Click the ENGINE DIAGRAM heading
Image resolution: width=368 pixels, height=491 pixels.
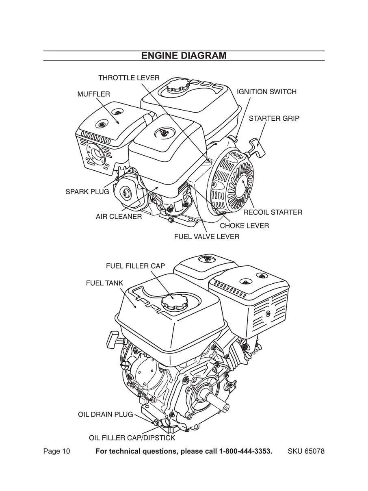tap(184, 56)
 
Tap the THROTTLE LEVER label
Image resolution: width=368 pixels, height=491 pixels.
tap(129, 78)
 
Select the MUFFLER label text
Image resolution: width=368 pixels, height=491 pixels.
tap(93, 94)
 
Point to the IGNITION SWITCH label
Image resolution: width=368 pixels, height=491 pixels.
tap(266, 92)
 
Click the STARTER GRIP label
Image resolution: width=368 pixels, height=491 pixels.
tap(274, 119)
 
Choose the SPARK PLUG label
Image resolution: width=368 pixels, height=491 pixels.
tap(87, 192)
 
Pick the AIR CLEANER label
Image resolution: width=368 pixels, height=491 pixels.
tap(119, 217)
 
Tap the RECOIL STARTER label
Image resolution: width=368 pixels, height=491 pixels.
tap(273, 212)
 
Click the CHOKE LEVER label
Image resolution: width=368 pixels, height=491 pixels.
tap(244, 226)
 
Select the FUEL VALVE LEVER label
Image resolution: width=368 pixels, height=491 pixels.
tap(207, 237)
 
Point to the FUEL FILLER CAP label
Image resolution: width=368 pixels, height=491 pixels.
tap(135, 266)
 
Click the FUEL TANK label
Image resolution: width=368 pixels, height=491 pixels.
tap(104, 283)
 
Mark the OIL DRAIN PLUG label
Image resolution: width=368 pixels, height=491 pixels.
tap(105, 415)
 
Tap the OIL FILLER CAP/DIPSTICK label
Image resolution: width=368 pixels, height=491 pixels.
tap(132, 438)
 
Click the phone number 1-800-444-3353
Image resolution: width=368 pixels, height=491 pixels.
tap(245, 452)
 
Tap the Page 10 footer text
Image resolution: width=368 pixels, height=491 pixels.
tap(57, 452)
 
